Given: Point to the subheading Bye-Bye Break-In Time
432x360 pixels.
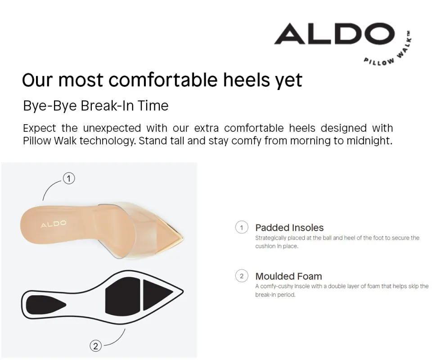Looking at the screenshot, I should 95,106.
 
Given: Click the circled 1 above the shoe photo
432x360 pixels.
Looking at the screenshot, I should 68,179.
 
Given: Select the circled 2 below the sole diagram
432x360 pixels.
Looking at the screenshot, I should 95,346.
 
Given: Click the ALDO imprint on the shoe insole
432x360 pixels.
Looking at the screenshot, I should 54,224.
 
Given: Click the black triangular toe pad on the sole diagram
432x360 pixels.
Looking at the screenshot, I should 155,295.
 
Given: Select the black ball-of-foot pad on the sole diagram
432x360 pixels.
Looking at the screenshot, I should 120,296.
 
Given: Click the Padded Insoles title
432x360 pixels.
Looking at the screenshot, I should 289,228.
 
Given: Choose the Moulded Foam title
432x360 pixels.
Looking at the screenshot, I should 288,276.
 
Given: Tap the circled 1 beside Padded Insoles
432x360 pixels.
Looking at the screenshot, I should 242,228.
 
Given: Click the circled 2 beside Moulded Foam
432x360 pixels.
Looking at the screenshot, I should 242,276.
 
